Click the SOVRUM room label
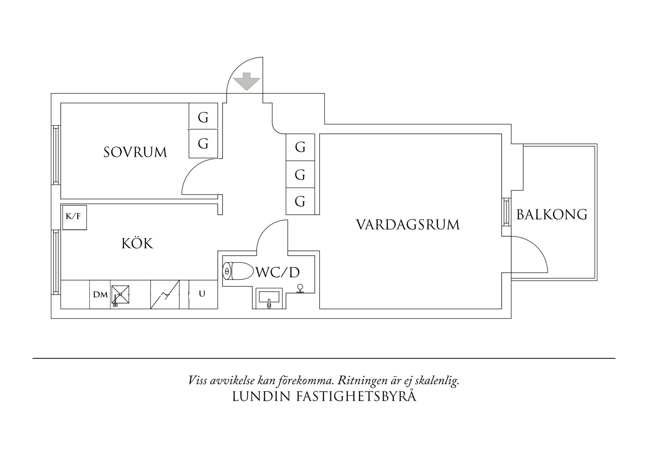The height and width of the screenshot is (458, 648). (135, 152)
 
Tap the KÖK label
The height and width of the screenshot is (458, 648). (137, 244)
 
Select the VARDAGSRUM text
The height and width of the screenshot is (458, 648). (408, 225)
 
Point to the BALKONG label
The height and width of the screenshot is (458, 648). (552, 215)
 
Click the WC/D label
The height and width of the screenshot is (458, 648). (277, 273)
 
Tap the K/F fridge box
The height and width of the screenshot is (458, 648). (74, 217)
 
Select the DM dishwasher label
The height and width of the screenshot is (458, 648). (100, 294)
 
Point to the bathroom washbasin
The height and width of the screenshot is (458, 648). (269, 298)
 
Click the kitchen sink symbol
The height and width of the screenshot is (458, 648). (121, 294)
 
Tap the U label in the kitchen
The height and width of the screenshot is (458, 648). (202, 294)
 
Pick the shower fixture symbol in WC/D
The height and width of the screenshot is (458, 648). (300, 289)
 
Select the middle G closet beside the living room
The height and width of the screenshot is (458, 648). (300, 174)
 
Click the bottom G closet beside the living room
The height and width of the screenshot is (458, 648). (300, 201)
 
